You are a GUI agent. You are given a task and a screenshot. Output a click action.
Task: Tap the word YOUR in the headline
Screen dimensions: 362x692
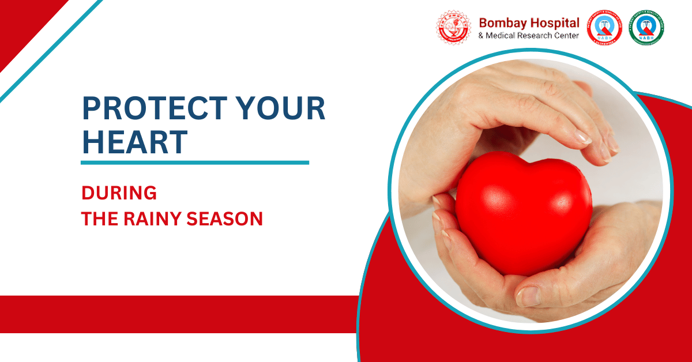[287, 109]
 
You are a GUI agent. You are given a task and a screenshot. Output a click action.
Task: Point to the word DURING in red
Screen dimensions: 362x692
[119, 193]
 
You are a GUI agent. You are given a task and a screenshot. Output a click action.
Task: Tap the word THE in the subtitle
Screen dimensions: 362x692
[99, 219]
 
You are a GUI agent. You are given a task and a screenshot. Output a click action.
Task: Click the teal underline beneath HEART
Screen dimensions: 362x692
[194, 163]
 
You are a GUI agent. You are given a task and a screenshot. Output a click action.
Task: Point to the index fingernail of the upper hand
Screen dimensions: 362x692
[582, 138]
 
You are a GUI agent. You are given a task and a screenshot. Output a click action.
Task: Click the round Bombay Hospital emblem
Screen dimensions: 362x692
[453, 28]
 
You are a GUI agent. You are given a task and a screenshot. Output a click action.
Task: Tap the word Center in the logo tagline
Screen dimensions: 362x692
[566, 36]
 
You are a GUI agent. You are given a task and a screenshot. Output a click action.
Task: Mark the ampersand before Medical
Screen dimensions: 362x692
[482, 36]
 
